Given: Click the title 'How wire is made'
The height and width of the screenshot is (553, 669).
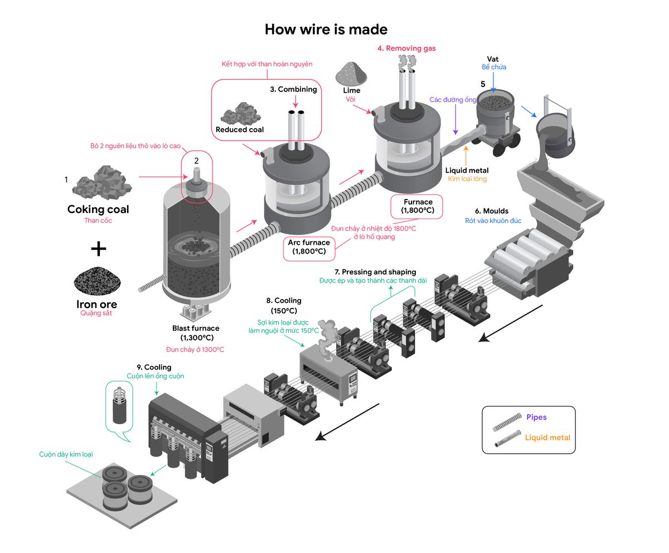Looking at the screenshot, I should tap(326, 29).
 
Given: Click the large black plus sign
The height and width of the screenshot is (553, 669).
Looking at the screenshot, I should tap(98, 248).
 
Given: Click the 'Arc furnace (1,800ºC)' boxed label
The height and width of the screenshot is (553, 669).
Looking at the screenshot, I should tap(308, 247).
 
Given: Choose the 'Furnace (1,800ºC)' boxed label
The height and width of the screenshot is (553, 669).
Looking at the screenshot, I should tap(418, 206).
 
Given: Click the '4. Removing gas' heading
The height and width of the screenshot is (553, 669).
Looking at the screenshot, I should tap(406, 48).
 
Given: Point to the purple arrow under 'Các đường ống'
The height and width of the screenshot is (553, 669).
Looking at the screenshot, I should tap(455, 119).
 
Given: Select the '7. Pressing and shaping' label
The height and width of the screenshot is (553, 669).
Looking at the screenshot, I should tap(375, 272).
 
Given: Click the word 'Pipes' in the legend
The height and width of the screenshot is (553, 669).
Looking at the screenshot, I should tap(536, 417).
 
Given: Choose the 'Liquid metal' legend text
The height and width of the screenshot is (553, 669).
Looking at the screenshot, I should tap(547, 438).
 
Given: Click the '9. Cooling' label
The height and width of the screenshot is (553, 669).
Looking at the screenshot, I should tap(154, 367).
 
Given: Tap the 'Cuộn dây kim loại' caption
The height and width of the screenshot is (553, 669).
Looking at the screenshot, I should tap(66, 454).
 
